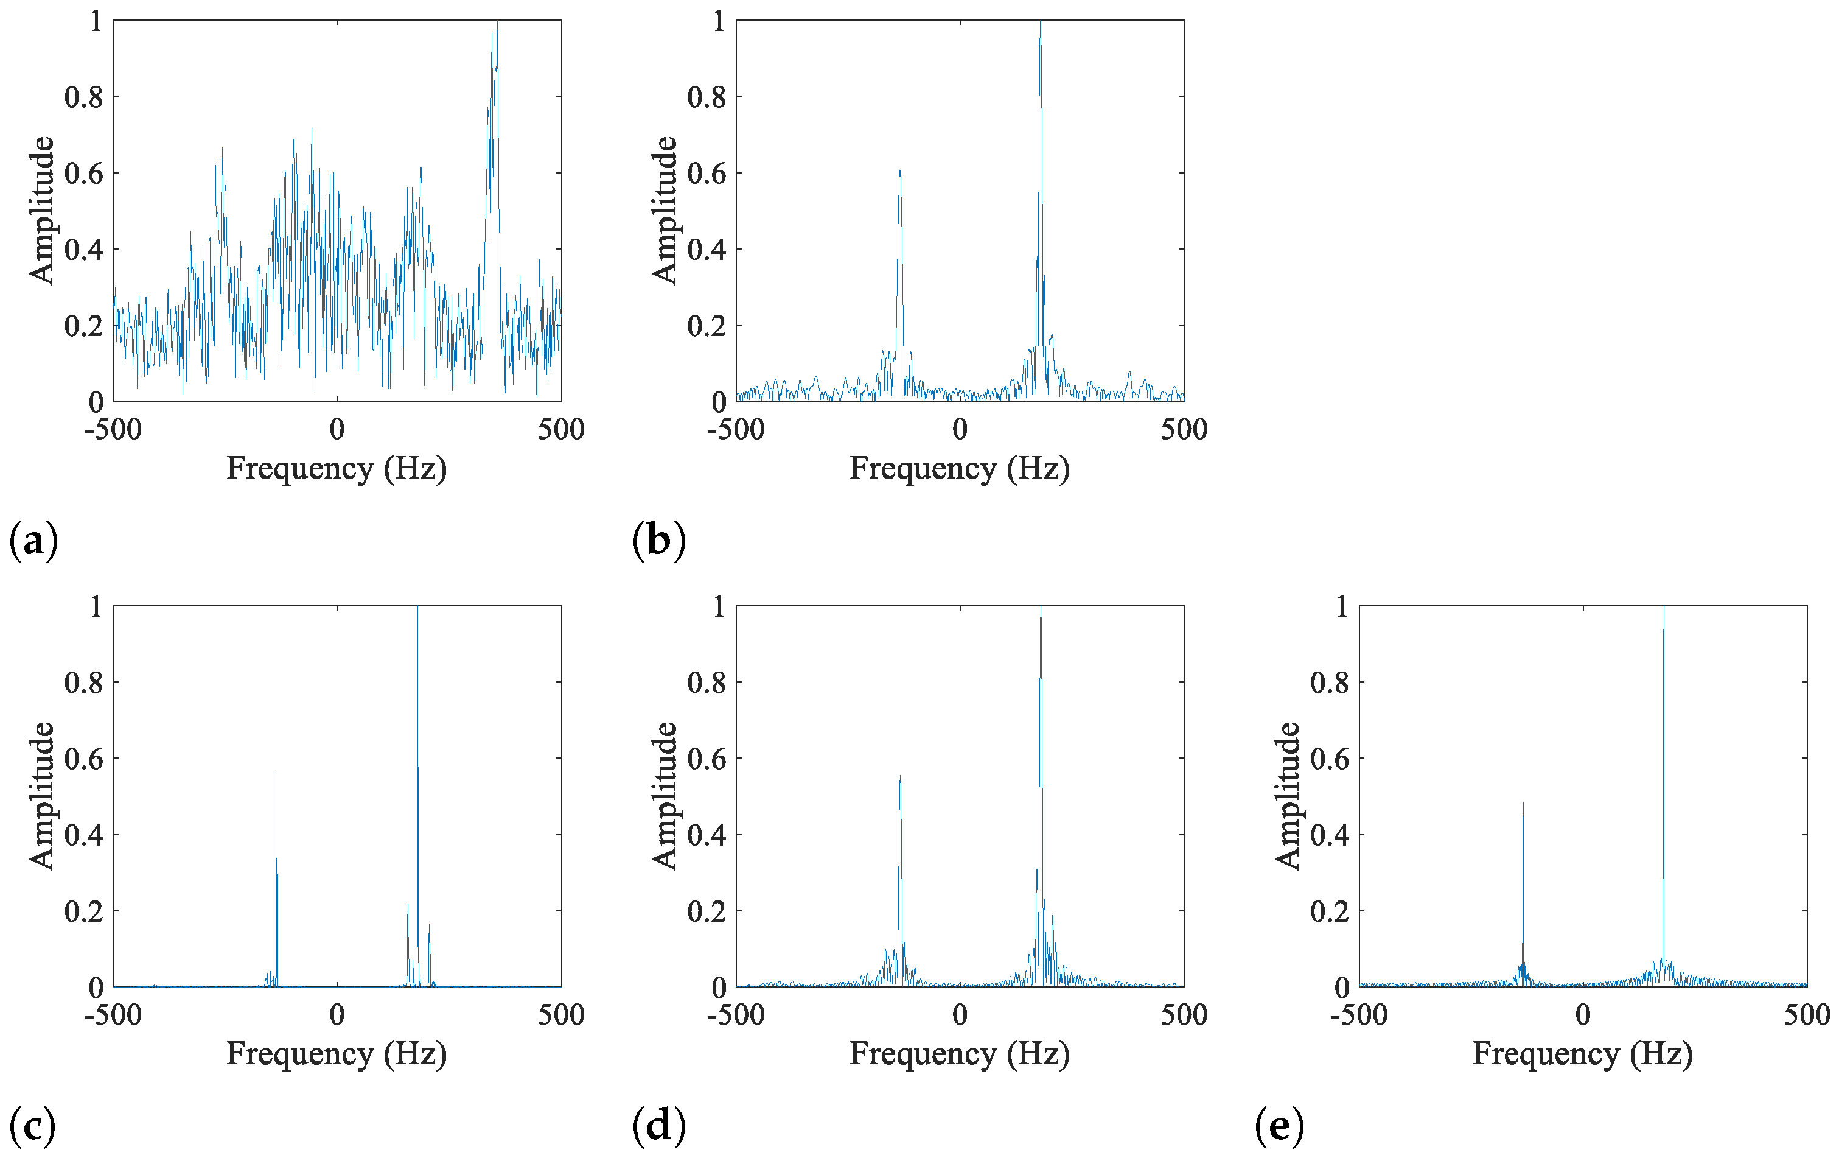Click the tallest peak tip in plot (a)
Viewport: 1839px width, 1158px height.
497,23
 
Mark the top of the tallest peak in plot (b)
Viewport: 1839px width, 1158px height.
1040,21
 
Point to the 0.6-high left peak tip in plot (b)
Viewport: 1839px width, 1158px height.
899,171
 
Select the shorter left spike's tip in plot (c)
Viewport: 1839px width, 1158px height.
277,771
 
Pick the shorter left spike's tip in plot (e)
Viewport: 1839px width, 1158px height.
1523,803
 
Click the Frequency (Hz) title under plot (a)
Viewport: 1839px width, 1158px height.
336,468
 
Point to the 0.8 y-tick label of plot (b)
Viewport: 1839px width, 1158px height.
707,97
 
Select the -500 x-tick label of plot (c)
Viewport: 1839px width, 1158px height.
113,1015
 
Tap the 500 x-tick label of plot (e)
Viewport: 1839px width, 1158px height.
1806,1015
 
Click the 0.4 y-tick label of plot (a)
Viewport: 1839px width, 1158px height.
83,249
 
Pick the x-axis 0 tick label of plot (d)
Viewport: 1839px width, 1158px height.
960,1015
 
